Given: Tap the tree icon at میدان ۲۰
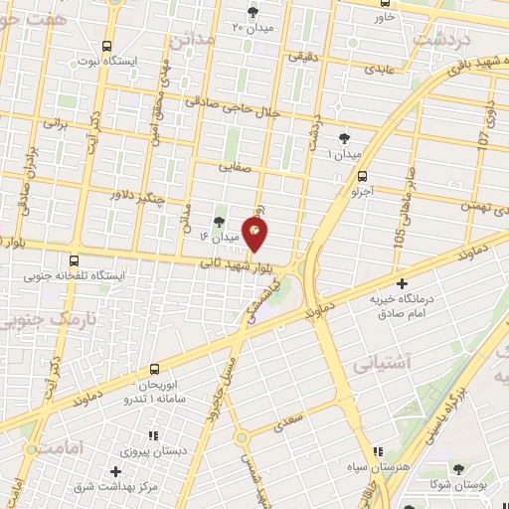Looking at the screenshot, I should (x=251, y=12).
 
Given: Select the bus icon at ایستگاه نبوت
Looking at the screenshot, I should (x=106, y=46).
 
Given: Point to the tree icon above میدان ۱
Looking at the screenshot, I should (x=345, y=138).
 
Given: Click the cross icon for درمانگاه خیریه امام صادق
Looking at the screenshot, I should (x=402, y=283).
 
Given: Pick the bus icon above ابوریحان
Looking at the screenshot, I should (x=154, y=369).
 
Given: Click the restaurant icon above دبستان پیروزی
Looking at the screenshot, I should (x=152, y=434).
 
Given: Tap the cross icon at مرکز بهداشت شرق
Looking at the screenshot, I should (x=115, y=470).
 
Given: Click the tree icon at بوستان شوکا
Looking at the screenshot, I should (x=458, y=469).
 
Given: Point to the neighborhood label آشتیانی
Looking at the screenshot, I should (x=410, y=363).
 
